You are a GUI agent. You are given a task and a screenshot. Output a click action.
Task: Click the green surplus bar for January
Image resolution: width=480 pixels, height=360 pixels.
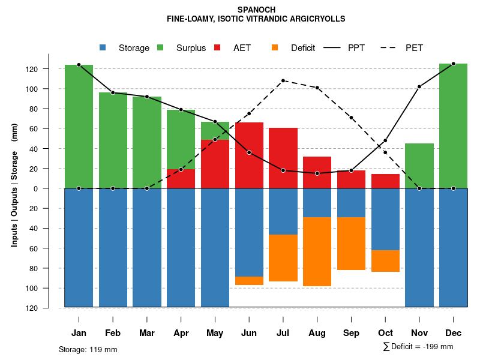(79, 127)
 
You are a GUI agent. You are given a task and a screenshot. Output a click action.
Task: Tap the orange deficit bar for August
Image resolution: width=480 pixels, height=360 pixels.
(317, 251)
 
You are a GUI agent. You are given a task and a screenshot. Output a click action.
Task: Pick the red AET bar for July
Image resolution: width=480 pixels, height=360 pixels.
(283, 158)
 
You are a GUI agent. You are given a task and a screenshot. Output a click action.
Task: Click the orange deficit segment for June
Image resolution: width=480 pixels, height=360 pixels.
(249, 281)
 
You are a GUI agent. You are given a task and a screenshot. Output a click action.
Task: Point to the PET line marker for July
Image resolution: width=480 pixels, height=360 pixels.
(283, 80)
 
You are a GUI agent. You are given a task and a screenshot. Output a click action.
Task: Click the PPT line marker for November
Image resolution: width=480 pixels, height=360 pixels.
(419, 86)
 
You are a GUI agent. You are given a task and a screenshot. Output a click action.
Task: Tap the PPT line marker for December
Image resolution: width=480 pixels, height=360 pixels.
(453, 64)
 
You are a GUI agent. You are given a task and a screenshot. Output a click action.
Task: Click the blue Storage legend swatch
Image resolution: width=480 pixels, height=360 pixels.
(103, 48)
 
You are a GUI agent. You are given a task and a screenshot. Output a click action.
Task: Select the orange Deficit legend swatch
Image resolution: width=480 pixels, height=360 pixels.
(275, 48)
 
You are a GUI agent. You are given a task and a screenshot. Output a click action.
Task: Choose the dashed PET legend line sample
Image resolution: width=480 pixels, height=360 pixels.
(392, 48)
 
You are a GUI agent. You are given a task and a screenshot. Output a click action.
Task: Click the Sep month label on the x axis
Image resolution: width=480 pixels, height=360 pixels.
(351, 333)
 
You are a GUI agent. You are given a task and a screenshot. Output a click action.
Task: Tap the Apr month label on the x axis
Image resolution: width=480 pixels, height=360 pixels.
(181, 333)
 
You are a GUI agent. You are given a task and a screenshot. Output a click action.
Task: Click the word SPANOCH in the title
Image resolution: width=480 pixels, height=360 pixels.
(256, 10)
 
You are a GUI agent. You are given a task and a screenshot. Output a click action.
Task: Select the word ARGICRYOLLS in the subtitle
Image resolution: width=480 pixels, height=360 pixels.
(317, 19)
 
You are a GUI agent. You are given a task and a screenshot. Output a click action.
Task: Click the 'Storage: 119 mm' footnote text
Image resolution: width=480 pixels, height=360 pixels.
(88, 349)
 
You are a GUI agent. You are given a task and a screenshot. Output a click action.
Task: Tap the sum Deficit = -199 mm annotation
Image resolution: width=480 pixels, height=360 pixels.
(418, 347)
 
